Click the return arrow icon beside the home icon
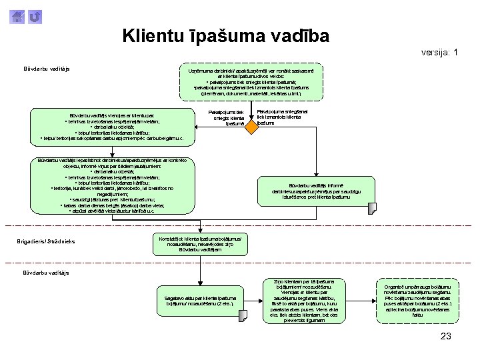tap(35, 16)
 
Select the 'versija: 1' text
tap(439, 52)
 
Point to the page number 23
tap(446, 335)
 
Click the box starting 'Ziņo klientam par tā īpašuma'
tap(304, 301)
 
